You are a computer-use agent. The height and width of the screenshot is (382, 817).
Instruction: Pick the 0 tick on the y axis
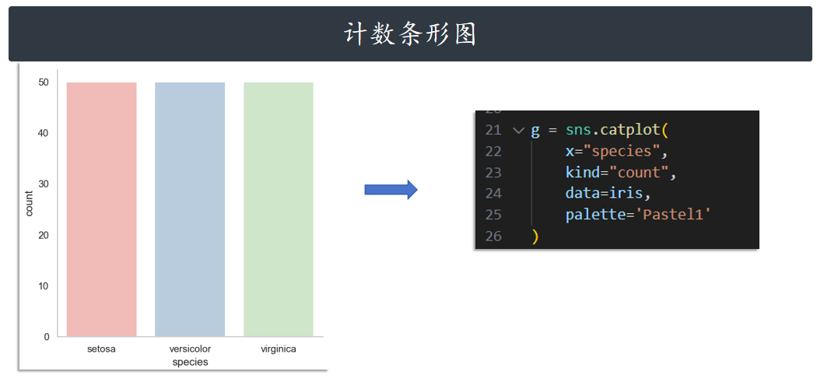[x=46, y=337]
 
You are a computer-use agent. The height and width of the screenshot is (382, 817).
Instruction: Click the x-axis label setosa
[x=101, y=349]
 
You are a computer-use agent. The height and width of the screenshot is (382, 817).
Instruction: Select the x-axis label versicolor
[x=190, y=349]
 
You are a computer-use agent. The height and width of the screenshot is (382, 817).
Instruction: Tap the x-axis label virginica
[x=279, y=349]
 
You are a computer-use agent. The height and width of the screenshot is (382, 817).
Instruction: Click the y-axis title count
[x=29, y=203]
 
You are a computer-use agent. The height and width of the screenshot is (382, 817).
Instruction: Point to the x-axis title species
[x=190, y=362]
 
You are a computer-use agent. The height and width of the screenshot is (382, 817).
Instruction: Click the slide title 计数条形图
[x=410, y=34]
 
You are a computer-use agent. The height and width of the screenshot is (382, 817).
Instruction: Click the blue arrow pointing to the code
[x=391, y=190]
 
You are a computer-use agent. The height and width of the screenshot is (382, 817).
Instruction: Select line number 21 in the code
[x=493, y=130]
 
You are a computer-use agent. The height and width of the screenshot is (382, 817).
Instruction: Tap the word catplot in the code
[x=629, y=130]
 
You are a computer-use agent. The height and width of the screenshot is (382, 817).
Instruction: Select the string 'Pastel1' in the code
[x=674, y=214]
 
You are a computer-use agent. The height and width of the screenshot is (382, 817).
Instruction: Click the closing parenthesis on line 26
[x=535, y=236]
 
